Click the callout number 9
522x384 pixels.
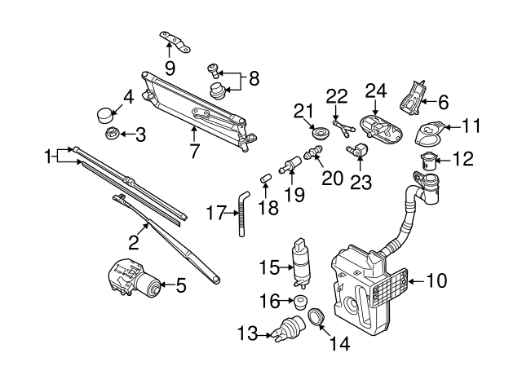pos(170,66)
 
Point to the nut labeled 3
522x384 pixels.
pos(111,134)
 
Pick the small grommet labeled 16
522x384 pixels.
pos(299,303)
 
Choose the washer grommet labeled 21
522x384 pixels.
pos(319,131)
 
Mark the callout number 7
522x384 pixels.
pos(194,150)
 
